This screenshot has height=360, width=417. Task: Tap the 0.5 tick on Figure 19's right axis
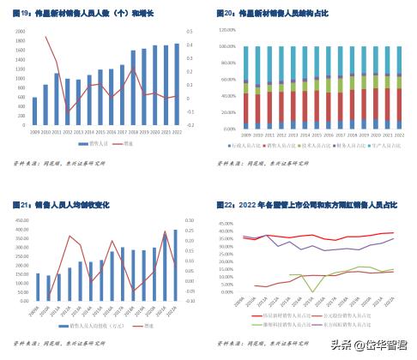click(190, 30)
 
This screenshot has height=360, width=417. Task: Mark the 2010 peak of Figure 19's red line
click(46, 37)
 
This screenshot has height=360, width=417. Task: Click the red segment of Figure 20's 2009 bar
click(246, 107)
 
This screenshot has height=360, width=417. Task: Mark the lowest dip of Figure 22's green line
click(317, 291)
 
